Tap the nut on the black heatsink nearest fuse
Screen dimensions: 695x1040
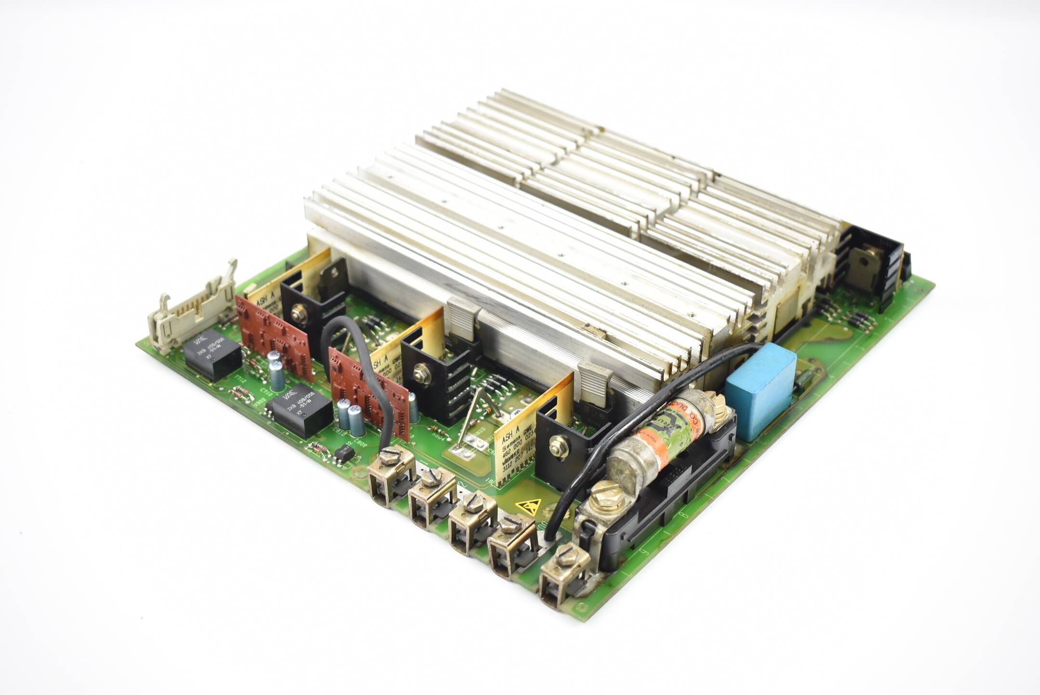558,443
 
